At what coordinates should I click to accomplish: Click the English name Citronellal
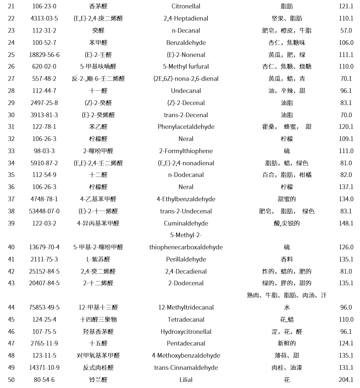click(x=186, y=7)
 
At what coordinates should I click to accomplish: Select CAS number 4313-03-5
click(x=44, y=19)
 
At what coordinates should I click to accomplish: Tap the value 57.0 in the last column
click(x=346, y=31)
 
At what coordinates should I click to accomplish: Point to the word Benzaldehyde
click(x=186, y=43)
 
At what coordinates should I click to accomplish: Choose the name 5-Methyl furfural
click(x=186, y=67)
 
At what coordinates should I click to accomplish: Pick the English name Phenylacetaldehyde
click(x=186, y=127)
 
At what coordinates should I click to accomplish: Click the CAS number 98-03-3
click(x=44, y=151)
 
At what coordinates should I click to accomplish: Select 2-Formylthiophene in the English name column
click(x=186, y=151)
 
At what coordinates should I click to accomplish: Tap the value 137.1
click(x=346, y=187)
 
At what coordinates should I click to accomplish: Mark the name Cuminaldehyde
click(x=186, y=224)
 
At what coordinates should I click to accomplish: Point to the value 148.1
click(x=346, y=224)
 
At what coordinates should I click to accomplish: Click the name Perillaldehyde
click(x=186, y=260)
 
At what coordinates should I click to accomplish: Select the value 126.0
click(x=346, y=247)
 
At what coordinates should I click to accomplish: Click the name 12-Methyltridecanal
click(x=186, y=308)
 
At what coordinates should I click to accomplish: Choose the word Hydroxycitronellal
click(x=186, y=332)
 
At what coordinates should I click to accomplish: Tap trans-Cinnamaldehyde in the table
click(x=186, y=368)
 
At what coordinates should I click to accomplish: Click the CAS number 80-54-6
click(x=44, y=380)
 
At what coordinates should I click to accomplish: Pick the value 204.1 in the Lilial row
click(x=346, y=380)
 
